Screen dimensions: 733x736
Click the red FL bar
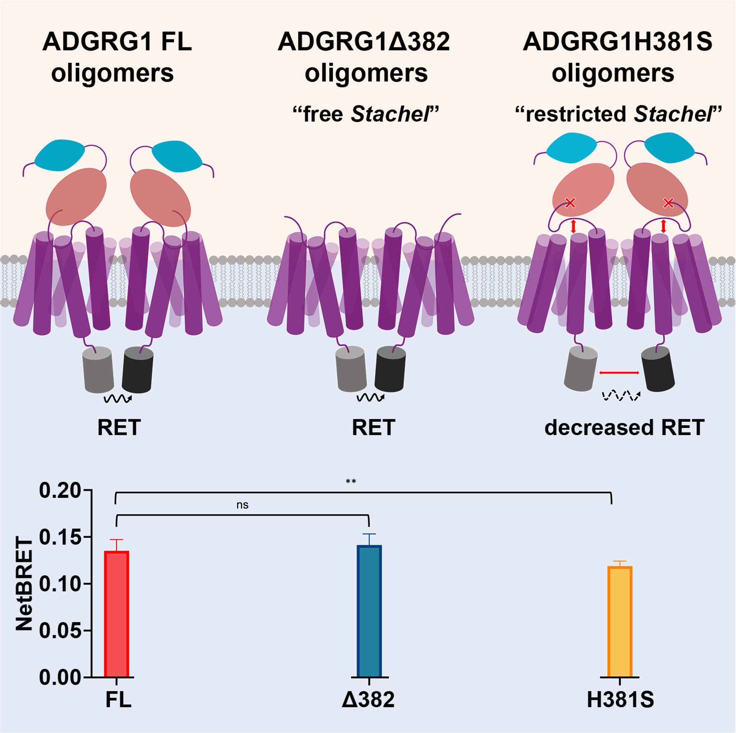(116, 614)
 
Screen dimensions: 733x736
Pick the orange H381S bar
(620, 621)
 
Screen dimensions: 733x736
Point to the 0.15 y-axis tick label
(60, 537)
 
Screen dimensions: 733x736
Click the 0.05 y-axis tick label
(60, 631)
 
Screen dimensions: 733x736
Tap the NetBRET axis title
(24, 583)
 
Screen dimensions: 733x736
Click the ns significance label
(242, 505)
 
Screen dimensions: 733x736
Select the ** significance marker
(351, 482)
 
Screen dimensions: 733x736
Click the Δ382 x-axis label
(368, 700)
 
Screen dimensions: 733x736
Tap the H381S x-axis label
(620, 700)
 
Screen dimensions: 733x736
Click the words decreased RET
(624, 428)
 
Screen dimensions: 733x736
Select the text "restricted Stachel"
(618, 114)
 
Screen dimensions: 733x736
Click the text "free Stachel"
(366, 114)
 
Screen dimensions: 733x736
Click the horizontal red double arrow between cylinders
(619, 372)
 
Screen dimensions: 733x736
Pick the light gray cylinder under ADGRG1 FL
(98, 369)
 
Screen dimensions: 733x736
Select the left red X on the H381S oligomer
(570, 202)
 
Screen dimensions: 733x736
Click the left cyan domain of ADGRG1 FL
(60, 156)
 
